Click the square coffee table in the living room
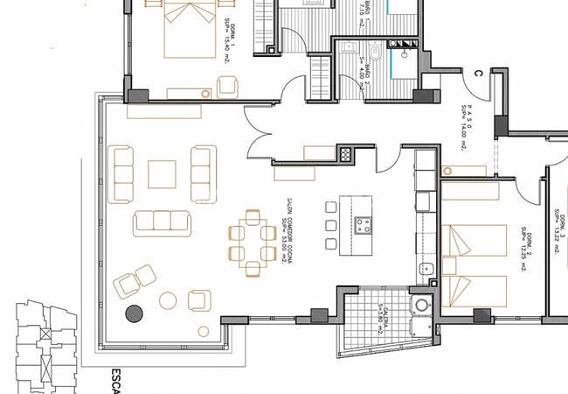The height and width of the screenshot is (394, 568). click(162, 173)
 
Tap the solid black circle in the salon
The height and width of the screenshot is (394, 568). click(135, 313)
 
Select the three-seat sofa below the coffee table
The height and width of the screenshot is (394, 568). click(162, 222)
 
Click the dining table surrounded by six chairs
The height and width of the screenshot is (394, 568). click(252, 241)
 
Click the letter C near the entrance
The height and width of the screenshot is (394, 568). click(478, 74)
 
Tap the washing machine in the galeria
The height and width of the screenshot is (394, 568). click(423, 306)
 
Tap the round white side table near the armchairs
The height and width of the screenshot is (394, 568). click(167, 301)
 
